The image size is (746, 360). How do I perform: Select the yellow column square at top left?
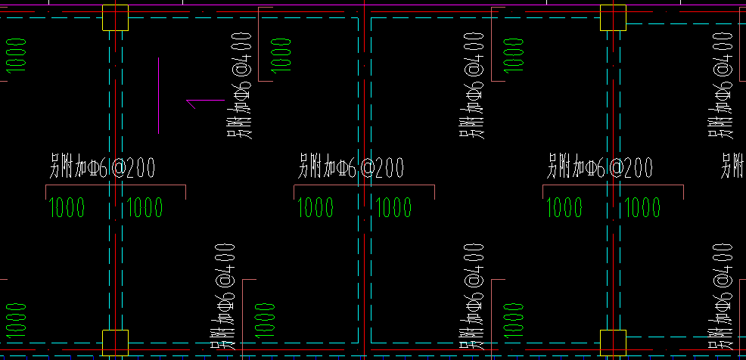(114, 17)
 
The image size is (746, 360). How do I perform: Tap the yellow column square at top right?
(613, 17)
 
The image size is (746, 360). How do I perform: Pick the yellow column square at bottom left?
(114, 342)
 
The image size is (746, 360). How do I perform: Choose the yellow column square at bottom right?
(613, 342)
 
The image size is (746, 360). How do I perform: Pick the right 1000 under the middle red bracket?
(393, 207)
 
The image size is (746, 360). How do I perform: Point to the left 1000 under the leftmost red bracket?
(67, 207)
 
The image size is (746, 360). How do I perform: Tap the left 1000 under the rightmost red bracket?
(564, 207)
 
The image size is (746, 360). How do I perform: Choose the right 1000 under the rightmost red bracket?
(642, 207)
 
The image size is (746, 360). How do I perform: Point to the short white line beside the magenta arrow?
(158, 95)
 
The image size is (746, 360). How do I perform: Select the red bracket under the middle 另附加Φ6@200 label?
(364, 186)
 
